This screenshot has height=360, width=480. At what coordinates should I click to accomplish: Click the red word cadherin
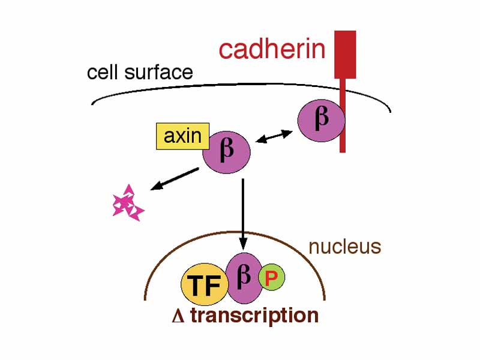pyautogui.click(x=272, y=49)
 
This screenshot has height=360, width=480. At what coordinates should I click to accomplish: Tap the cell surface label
pyautogui.click(x=140, y=73)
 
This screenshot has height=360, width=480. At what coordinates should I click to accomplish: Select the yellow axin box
pyautogui.click(x=182, y=136)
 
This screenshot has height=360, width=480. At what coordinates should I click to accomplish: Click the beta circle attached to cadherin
pyautogui.click(x=322, y=120)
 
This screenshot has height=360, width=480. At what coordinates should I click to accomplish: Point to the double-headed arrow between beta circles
pyautogui.click(x=273, y=137)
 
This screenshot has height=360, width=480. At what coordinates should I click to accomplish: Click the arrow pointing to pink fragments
pyautogui.click(x=174, y=179)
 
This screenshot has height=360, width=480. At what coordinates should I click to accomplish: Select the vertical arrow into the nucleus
pyautogui.click(x=242, y=213)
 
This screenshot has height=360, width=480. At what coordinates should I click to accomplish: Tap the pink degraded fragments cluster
pyautogui.click(x=128, y=204)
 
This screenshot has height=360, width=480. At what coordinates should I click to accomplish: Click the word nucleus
pyautogui.click(x=344, y=247)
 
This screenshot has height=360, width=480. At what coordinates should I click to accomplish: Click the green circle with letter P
pyautogui.click(x=271, y=278)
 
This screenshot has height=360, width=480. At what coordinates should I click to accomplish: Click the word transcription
pyautogui.click(x=254, y=316)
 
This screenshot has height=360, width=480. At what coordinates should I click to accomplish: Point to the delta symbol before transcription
pyautogui.click(x=177, y=317)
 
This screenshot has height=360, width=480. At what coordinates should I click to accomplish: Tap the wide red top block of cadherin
pyautogui.click(x=344, y=54)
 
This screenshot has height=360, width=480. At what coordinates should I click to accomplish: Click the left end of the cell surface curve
pyautogui.click(x=93, y=103)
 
